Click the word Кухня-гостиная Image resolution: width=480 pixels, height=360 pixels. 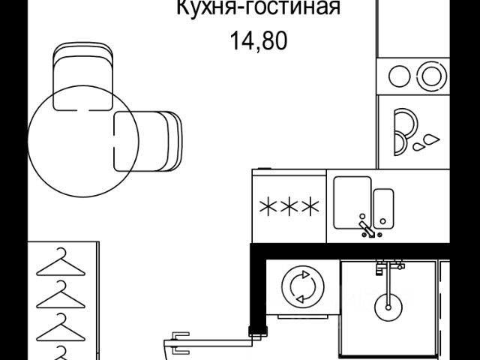pos(259,9)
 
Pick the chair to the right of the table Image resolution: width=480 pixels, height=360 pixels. pos(148,141)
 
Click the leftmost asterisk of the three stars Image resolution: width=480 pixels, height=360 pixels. pos(268,206)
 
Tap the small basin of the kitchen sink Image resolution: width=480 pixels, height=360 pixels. pos(384,206)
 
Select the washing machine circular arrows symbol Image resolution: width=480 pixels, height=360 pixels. pos(301,287)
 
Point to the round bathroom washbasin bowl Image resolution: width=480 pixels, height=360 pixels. pos(388,304)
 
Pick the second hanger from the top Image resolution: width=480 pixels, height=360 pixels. pos(61,295)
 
